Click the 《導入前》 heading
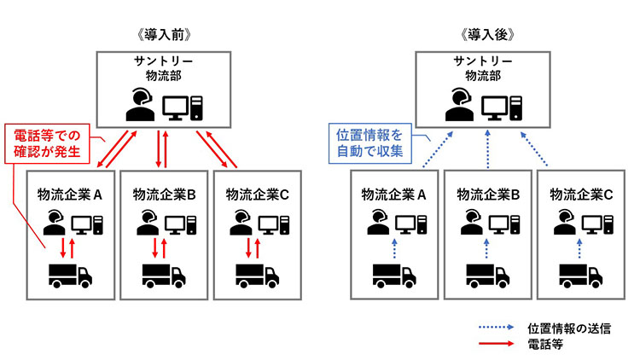(164, 35)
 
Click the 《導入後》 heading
(487, 35)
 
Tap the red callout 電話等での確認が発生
(47, 143)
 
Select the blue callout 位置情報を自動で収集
(369, 143)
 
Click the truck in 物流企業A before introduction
(70, 276)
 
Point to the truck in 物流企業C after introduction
(580, 276)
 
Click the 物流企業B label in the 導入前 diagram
(164, 195)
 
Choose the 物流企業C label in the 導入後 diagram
(581, 195)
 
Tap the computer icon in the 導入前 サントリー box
(183, 107)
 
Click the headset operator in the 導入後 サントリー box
(460, 104)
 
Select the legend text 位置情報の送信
(569, 328)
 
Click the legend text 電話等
(545, 344)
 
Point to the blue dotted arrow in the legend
(496, 327)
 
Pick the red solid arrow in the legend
(496, 343)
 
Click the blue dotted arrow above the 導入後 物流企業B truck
(486, 248)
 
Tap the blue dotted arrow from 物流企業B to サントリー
(487, 149)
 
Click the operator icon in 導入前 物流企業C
(241, 223)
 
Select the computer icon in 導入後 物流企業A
(411, 224)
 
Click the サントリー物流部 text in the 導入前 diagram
(164, 68)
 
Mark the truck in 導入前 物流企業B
(164, 276)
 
